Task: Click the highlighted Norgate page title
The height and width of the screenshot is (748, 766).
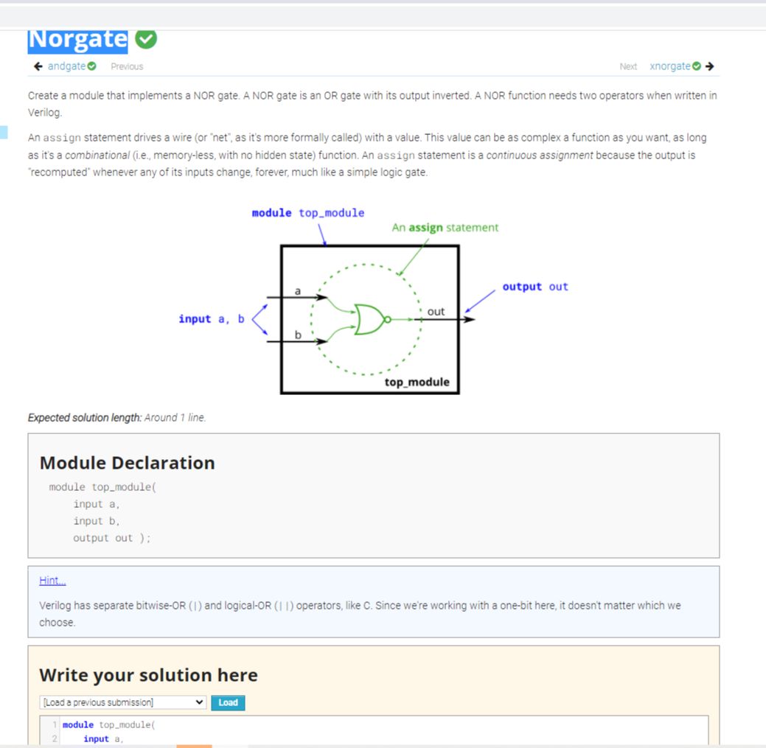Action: (77, 40)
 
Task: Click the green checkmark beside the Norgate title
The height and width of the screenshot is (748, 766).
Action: (146, 40)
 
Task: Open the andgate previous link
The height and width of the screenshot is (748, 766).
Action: (67, 66)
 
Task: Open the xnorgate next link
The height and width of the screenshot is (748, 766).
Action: (670, 66)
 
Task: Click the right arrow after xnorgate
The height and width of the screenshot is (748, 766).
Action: (709, 66)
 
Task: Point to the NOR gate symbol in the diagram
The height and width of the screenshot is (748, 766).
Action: (371, 319)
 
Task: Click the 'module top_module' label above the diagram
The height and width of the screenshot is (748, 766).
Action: (307, 213)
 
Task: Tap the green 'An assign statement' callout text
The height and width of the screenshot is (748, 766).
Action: (445, 228)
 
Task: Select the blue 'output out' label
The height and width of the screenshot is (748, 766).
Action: (535, 287)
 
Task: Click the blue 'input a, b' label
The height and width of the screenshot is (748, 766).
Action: (211, 319)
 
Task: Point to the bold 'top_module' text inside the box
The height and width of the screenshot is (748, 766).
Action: (417, 382)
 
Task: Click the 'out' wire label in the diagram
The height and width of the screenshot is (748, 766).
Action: (436, 312)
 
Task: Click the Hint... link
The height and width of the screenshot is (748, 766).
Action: (52, 581)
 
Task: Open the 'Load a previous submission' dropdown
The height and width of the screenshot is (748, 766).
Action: (122, 702)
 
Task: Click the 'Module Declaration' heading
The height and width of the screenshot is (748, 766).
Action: (127, 463)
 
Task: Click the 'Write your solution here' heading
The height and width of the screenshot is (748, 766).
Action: (148, 675)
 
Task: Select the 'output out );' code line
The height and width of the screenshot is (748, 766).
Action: (111, 538)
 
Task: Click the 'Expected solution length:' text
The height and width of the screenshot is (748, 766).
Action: (84, 418)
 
